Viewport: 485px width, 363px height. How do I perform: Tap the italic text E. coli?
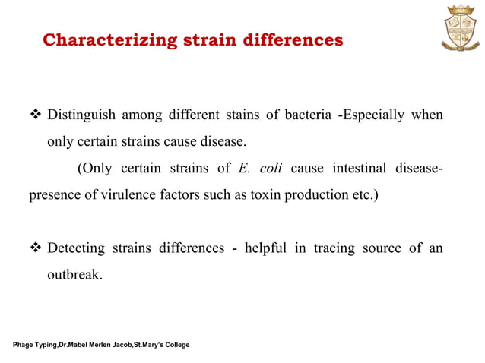[x=261, y=168]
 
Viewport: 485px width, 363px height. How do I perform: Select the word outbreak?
[x=74, y=274]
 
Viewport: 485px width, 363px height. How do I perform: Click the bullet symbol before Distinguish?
[x=35, y=116]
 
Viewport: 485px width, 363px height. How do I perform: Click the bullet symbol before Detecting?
[x=35, y=249]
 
